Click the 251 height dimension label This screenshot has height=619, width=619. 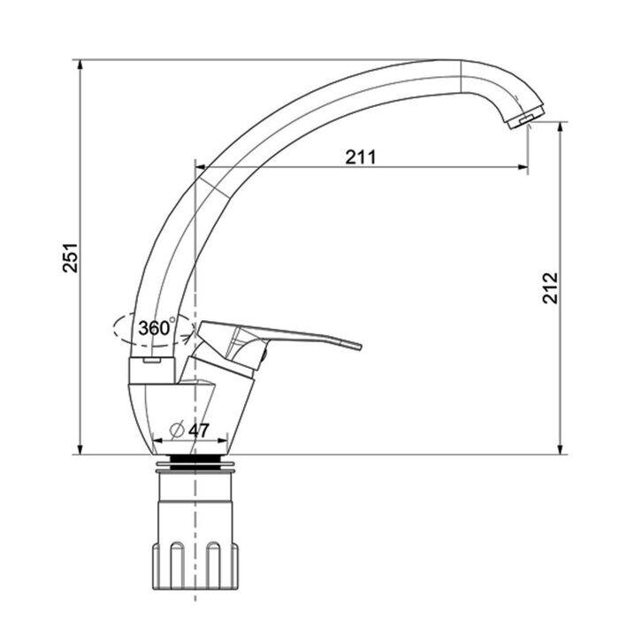(x=71, y=258)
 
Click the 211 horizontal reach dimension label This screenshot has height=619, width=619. (x=361, y=157)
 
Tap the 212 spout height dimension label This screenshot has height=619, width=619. (x=550, y=287)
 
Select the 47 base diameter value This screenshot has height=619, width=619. (x=199, y=431)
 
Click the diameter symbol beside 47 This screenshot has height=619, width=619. (x=177, y=430)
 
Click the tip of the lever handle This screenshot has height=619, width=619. (x=358, y=347)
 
